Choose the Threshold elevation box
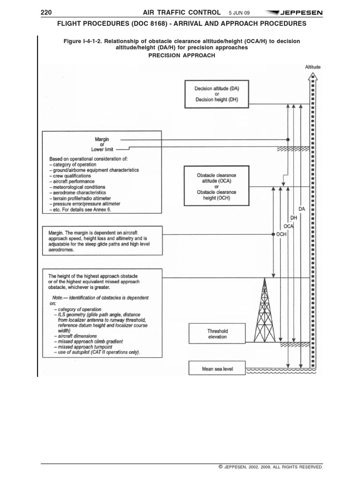(x=217, y=334)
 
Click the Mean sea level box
(x=217, y=369)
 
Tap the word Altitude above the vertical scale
(x=313, y=67)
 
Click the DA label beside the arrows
(x=301, y=210)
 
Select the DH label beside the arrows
(x=294, y=218)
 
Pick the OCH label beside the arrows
(x=281, y=234)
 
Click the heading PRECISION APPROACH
(x=182, y=55)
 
